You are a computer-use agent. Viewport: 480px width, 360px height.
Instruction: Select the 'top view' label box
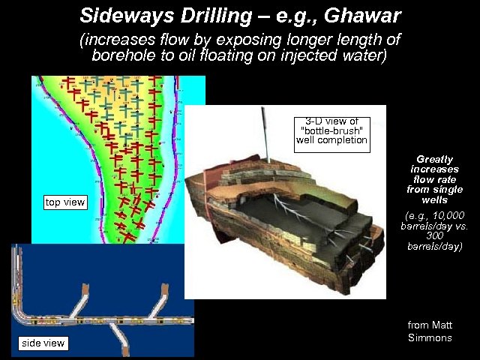[x=65, y=202]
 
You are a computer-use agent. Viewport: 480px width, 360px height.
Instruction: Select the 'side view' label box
[x=43, y=343]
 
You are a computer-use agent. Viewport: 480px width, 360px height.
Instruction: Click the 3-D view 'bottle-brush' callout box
[x=331, y=130]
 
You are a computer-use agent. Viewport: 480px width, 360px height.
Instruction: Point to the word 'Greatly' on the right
[x=435, y=159]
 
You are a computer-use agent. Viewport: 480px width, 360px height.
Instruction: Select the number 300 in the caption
[x=435, y=235]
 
